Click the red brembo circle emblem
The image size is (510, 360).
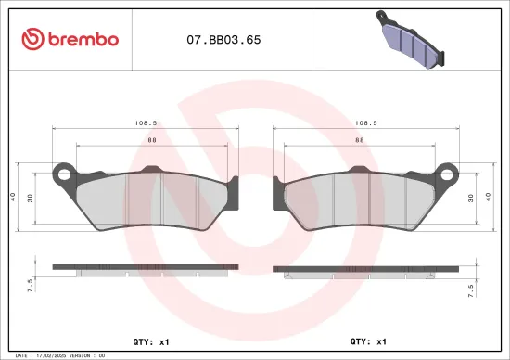(32, 39)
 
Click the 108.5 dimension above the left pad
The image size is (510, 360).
(145, 122)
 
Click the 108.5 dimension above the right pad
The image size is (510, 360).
(365, 122)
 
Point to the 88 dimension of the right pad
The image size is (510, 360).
(358, 139)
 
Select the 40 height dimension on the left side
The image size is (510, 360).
(13, 197)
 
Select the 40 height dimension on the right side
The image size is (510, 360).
(489, 197)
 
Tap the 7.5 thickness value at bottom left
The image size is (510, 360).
(32, 284)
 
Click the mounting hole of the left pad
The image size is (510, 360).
(64, 173)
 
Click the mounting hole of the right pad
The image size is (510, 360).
(446, 173)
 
